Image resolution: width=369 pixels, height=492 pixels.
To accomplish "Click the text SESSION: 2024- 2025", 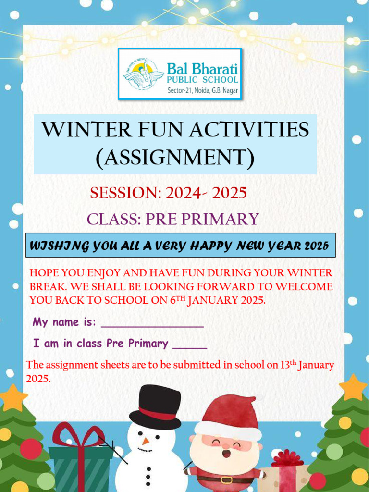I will (x=168, y=193).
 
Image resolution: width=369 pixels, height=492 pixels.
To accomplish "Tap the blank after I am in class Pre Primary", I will (x=189, y=345).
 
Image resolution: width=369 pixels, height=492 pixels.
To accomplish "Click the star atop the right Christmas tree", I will (x=353, y=387).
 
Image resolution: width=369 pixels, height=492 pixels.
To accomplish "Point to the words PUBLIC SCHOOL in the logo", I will (x=202, y=80).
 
